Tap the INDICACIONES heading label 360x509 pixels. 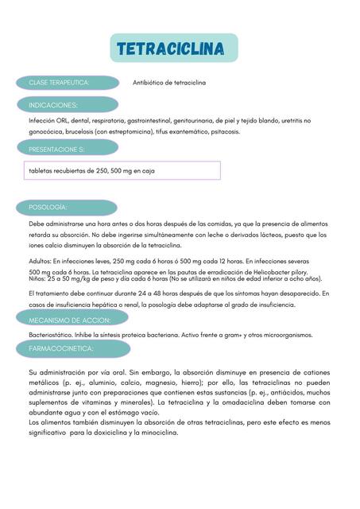53,104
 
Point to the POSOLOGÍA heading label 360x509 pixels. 48,207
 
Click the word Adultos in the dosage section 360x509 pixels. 40,261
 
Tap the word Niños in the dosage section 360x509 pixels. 37,279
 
